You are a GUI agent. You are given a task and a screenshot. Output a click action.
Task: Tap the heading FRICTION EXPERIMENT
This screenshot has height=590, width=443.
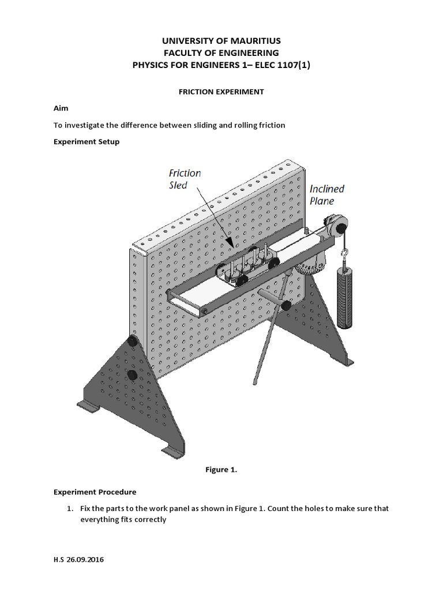221,92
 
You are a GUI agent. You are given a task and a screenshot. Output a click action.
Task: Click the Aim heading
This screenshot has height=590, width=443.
61,108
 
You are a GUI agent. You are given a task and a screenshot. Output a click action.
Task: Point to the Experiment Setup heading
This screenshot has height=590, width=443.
87,142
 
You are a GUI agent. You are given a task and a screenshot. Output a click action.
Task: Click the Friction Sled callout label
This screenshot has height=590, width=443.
185,179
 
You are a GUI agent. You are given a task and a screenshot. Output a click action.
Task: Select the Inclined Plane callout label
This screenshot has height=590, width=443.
326,195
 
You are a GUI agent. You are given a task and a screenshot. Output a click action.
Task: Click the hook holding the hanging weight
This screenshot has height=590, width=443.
344,253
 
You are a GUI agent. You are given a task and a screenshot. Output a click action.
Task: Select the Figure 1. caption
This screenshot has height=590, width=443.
221,470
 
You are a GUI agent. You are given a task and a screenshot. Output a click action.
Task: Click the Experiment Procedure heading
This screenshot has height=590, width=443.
95,492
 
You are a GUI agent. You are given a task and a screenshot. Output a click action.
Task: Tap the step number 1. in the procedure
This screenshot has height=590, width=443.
69,509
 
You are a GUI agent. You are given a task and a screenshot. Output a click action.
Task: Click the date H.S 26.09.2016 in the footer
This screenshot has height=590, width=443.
80,559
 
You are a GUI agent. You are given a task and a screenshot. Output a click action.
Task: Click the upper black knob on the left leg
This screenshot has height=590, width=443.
132,342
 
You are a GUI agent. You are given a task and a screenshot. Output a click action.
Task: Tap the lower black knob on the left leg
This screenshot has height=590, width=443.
132,376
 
